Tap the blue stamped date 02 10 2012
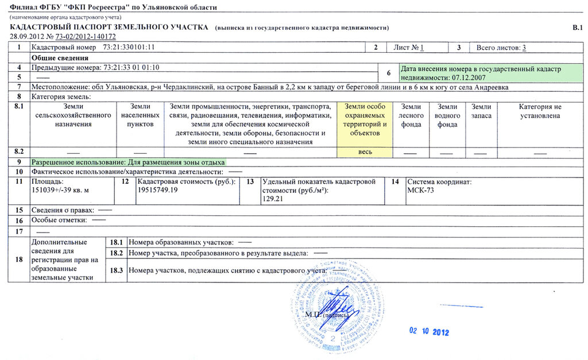(x=428, y=332)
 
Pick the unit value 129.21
(x=273, y=198)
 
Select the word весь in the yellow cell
(x=365, y=152)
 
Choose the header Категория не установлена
(x=540, y=111)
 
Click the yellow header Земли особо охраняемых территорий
(x=365, y=119)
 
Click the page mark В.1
(x=577, y=28)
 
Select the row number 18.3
(x=117, y=270)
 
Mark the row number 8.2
(x=19, y=152)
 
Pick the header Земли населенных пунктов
(x=140, y=115)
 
